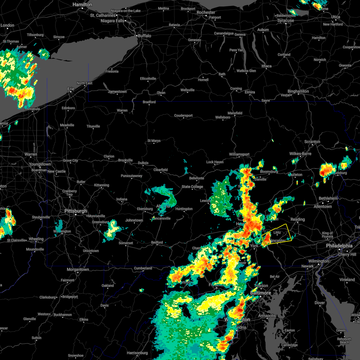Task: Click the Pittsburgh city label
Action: coord(76,211)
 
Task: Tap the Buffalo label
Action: coord(144,36)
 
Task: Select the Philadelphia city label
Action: coord(339,246)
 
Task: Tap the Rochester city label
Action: coord(206,12)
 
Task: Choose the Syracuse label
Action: coord(286,21)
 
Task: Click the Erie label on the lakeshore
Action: coord(71,89)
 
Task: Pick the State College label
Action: coord(192,187)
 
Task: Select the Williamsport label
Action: coord(239,154)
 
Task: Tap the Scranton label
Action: coord(312,142)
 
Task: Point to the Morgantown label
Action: coord(78,269)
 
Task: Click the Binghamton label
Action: coord(298,91)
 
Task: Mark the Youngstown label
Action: coord(40,164)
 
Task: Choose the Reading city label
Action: coord(298,219)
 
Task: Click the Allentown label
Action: coord(323,206)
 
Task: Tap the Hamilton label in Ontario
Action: coord(82,5)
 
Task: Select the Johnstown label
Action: coord(134,220)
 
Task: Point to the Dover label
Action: coord(320,303)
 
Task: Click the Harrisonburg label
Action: coord(137,353)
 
